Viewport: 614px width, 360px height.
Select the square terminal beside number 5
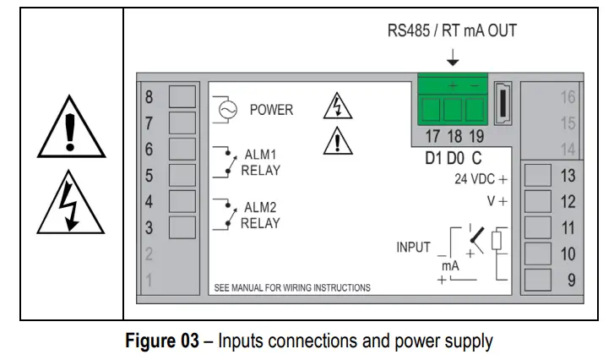click(182, 175)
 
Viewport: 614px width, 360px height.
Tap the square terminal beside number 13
click(538, 176)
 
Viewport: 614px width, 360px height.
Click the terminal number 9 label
click(571, 280)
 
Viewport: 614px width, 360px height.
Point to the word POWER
click(271, 110)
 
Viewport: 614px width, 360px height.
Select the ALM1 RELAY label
click(260, 162)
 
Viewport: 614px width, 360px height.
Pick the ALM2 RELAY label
click(260, 215)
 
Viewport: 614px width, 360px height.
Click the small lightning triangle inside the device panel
click(338, 107)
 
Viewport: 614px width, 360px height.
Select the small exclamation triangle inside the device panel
click(338, 141)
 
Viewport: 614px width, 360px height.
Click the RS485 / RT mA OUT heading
click(452, 31)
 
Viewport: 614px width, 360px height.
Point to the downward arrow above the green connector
click(453, 57)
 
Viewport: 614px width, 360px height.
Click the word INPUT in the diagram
click(414, 248)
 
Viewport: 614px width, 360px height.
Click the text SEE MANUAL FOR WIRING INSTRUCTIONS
click(292, 287)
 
